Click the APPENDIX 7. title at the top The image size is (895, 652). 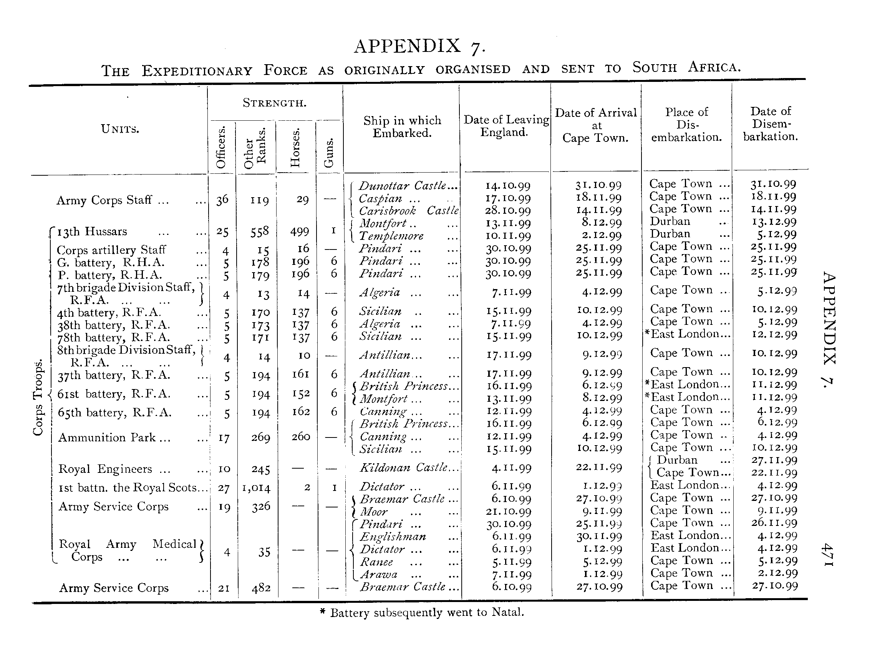419,47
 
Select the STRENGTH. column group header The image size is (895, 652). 274,103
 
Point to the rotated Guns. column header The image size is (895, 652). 329,153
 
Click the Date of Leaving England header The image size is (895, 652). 506,126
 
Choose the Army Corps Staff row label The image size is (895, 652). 112,200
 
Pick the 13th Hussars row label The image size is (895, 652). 92,231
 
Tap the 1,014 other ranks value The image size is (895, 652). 256,488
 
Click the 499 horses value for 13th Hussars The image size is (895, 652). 300,231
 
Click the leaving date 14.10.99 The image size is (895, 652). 507,186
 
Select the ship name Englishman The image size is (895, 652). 393,537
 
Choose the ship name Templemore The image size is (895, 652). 391,236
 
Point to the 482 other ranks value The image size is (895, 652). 261,589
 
